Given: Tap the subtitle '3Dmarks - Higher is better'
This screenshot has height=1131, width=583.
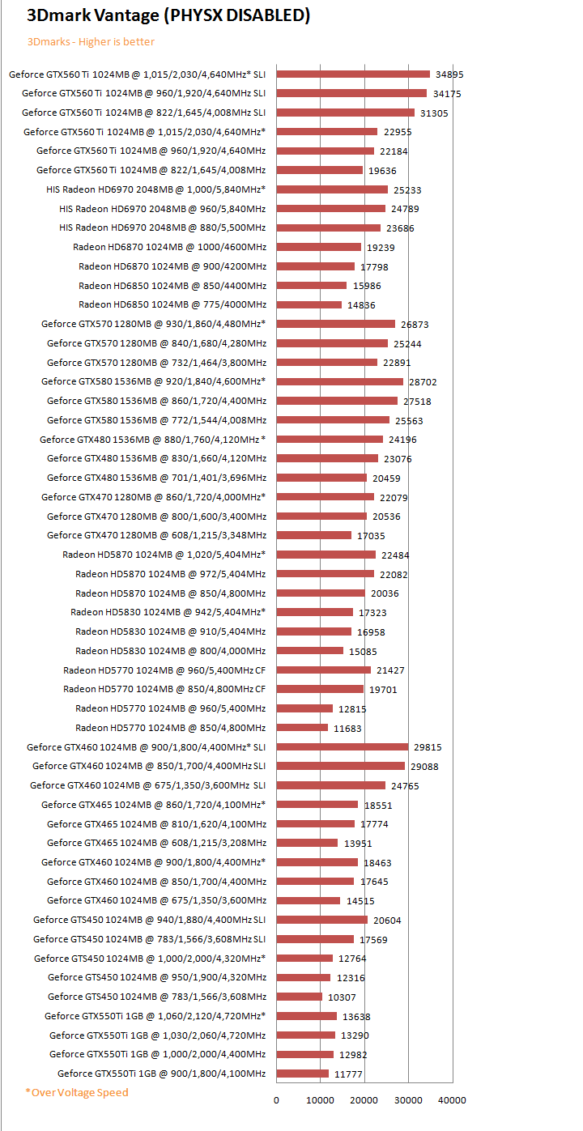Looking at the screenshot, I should point(91,41).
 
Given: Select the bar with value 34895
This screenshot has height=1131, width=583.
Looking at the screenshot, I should point(353,74).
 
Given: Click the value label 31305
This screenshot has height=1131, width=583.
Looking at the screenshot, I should point(434,113).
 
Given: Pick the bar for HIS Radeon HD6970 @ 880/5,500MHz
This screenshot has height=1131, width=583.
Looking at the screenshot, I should point(328,228).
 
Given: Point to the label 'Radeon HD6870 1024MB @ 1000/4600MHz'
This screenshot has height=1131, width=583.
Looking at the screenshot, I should point(169,247).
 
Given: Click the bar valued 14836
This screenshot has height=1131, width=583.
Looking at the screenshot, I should point(309,305).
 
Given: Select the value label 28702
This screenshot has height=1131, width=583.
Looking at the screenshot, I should point(423,381).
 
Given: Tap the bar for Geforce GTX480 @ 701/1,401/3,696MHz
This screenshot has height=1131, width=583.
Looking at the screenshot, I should point(321,478).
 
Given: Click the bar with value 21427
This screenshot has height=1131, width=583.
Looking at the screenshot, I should point(323,670).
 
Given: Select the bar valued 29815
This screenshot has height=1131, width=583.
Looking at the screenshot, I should point(342,746).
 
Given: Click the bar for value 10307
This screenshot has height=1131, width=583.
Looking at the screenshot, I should point(299,997).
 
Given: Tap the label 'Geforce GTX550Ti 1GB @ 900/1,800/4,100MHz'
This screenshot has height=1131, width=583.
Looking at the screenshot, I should point(161,1074).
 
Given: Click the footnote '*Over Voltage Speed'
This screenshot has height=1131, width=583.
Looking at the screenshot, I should point(77,1092).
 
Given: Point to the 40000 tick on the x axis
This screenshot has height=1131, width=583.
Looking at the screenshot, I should point(452,1099).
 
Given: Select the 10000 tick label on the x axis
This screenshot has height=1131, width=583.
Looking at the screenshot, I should point(320,1099).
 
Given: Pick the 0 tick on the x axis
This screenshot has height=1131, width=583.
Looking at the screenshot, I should point(276,1099).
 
